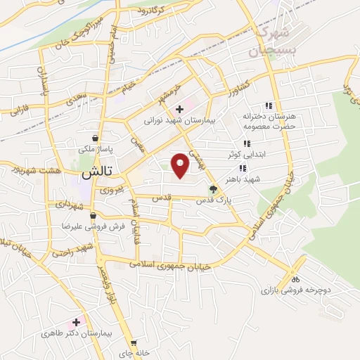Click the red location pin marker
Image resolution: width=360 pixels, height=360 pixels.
(x=181, y=165)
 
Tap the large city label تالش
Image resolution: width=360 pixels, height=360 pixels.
(x=97, y=172)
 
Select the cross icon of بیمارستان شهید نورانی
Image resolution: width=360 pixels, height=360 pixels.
(x=180, y=109)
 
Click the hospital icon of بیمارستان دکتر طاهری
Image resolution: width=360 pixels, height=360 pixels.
(x=76, y=322)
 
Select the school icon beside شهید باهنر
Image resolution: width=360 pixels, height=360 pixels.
(x=243, y=169)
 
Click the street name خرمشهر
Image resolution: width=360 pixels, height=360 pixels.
(x=170, y=93)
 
